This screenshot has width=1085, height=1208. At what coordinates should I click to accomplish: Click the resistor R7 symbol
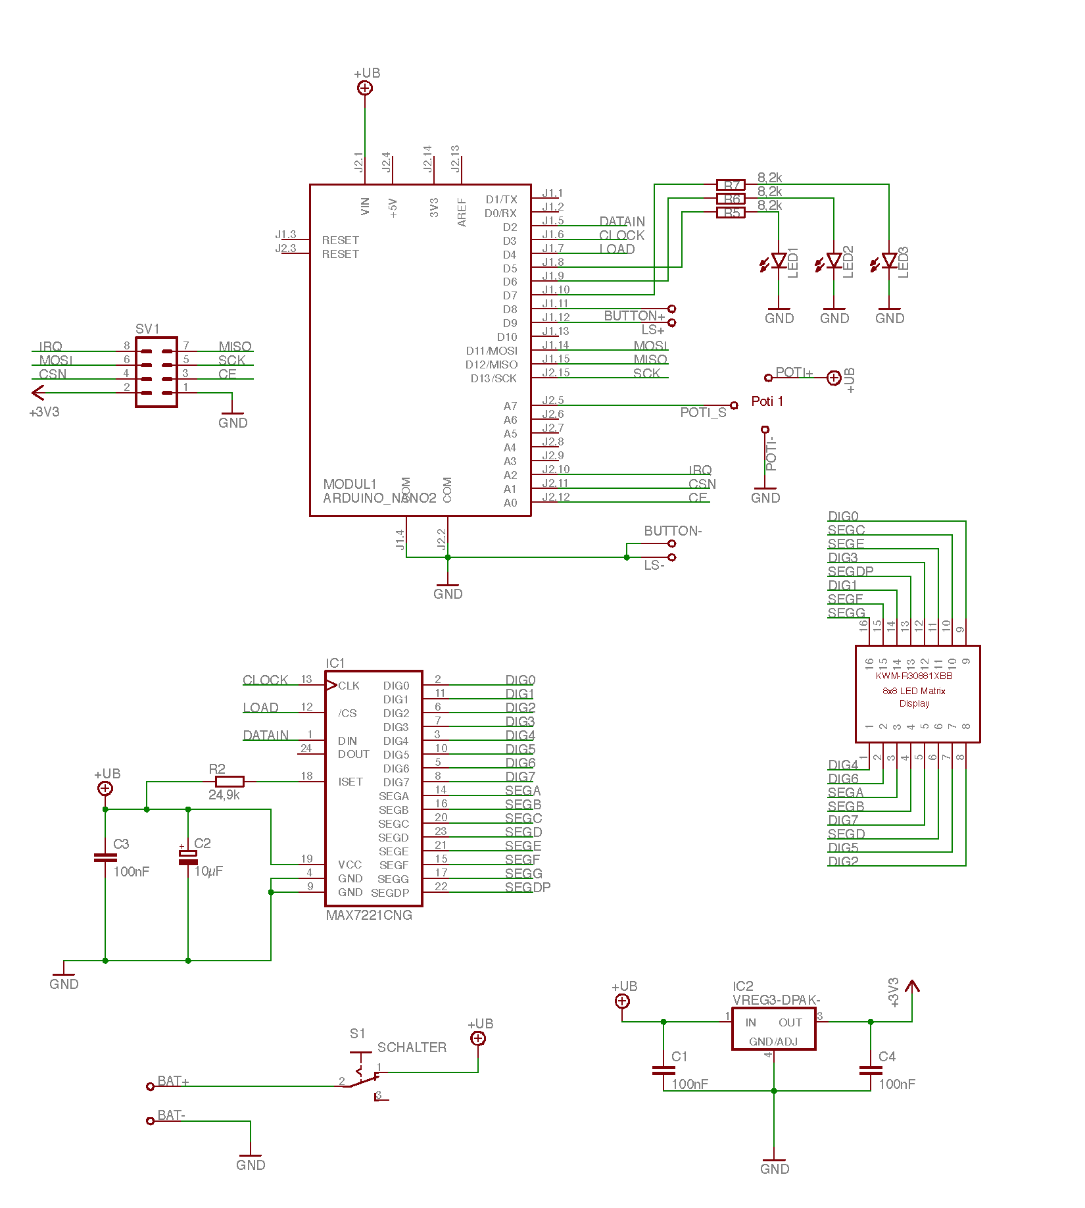click(x=731, y=185)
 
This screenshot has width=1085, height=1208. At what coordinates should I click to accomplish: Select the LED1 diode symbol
click(x=779, y=261)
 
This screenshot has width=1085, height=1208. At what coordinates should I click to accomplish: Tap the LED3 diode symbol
click(x=890, y=261)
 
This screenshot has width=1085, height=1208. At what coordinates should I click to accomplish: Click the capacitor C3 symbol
click(x=105, y=857)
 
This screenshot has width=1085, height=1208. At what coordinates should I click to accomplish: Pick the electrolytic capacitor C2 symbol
click(x=188, y=857)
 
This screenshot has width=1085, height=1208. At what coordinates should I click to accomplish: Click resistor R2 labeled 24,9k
click(x=229, y=782)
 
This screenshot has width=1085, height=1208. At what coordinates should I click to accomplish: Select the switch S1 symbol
click(x=360, y=1074)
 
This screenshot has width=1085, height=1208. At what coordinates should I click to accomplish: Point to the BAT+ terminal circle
click(x=150, y=1086)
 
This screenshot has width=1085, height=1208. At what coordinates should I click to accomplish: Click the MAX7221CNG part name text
click(x=369, y=915)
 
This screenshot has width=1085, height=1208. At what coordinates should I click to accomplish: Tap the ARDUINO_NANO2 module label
click(x=379, y=498)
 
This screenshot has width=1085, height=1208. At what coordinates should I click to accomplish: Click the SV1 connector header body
click(x=157, y=372)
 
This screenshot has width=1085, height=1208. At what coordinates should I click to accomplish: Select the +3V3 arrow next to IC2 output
click(x=912, y=987)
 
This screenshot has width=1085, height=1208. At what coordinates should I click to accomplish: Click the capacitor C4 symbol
click(x=871, y=1070)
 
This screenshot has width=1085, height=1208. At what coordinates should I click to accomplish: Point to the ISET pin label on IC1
click(x=350, y=782)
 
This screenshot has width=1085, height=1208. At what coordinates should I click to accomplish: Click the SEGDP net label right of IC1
click(x=527, y=887)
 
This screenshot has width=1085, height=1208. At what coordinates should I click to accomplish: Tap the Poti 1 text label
click(x=767, y=401)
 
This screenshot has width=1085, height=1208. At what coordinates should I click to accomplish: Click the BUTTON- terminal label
click(x=673, y=531)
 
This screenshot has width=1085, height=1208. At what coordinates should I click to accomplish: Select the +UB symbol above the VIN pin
click(x=365, y=88)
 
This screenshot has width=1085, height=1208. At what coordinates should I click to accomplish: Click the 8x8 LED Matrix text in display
click(x=914, y=691)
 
